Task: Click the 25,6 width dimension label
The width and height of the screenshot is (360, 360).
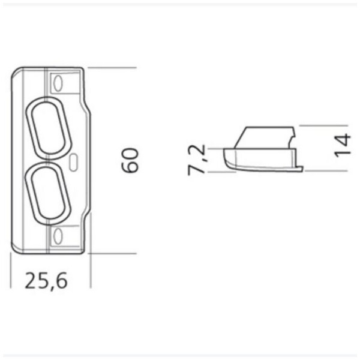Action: (x=46, y=281)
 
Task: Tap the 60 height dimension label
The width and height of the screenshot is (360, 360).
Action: (x=130, y=160)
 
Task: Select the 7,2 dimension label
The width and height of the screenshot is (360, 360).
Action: (x=196, y=160)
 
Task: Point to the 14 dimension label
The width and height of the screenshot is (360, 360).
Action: (x=343, y=146)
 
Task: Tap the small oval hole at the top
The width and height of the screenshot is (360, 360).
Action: (x=58, y=83)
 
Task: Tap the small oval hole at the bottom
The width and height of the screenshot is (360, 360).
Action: (x=58, y=236)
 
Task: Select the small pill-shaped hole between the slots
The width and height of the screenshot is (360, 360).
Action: (x=73, y=163)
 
